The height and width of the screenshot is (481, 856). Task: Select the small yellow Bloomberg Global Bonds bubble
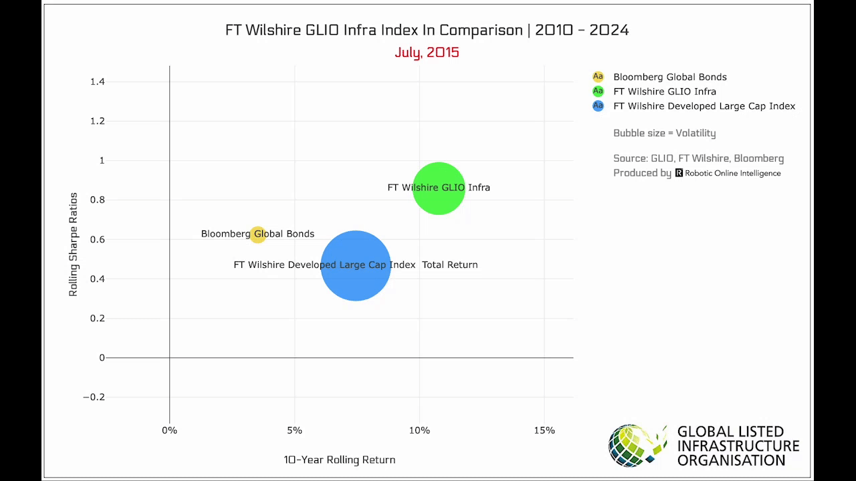[x=257, y=234]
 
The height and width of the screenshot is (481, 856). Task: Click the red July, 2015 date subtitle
[x=427, y=52]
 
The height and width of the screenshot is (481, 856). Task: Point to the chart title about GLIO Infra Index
[x=427, y=30]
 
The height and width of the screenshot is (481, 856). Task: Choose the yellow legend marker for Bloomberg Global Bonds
[x=598, y=77]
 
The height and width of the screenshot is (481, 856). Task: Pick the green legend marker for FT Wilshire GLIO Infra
[x=598, y=92]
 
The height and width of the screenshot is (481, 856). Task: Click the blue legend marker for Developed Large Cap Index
[x=598, y=106]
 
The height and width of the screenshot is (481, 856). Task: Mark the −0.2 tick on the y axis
[x=94, y=397]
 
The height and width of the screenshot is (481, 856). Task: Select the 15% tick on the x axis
[x=544, y=430]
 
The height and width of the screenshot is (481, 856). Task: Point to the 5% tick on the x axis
[x=294, y=430]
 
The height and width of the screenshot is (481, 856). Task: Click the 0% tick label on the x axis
[x=169, y=430]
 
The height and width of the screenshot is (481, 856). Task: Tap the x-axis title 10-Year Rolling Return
[x=339, y=460]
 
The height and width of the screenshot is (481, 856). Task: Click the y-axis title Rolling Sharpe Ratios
[x=74, y=245]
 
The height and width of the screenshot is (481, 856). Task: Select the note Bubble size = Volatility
[x=664, y=133]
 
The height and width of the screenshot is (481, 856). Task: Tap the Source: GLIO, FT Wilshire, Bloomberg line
[x=698, y=158]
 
